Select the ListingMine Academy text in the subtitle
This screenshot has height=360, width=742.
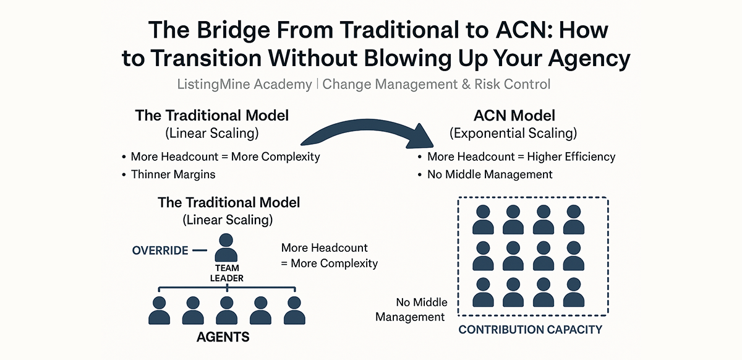coord(244,84)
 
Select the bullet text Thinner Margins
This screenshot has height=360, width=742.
coord(173,174)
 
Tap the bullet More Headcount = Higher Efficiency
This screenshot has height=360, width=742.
coord(521,156)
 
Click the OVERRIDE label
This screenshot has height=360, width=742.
coord(160,251)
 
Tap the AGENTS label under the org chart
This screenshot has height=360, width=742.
coord(223,337)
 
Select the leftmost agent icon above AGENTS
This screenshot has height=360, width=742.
coord(160,311)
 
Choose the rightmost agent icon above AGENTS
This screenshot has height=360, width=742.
coord(294,311)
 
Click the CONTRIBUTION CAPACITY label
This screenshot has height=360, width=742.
coord(530,330)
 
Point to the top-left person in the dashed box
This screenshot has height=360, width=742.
coord(484,219)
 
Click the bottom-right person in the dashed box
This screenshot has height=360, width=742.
coord(574,293)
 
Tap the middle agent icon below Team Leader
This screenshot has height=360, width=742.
coord(227,311)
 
